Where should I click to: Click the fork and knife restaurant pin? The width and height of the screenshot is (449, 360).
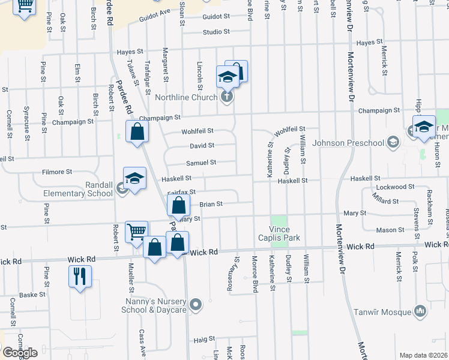click(80, 277)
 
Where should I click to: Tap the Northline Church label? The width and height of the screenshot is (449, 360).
click(186, 97)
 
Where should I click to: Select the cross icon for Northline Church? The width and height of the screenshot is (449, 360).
click(226, 97)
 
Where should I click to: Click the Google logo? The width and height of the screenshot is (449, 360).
click(20, 353)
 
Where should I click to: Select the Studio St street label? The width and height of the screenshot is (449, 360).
click(216, 32)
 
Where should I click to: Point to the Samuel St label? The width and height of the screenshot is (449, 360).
click(201, 162)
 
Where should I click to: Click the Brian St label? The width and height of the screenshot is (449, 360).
click(211, 204)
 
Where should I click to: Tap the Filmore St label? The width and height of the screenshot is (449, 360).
click(57, 172)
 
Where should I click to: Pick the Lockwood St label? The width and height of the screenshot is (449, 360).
click(391, 187)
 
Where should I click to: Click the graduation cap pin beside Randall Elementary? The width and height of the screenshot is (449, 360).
click(134, 178)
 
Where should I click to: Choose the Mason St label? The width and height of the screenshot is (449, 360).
click(390, 230)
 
